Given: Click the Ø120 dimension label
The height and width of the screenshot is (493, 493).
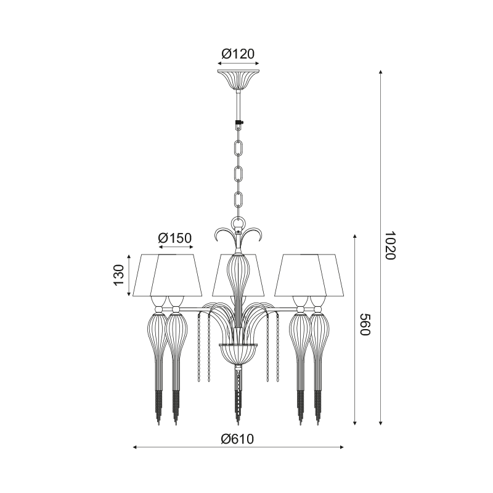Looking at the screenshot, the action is click(x=238, y=54).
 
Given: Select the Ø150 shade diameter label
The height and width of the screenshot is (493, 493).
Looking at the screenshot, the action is click(x=175, y=238).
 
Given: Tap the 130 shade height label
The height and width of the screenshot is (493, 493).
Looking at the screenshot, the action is click(x=120, y=275).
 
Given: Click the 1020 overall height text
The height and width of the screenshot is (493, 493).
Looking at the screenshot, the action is click(x=390, y=245).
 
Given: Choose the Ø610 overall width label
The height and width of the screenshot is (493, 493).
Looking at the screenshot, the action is click(x=237, y=439).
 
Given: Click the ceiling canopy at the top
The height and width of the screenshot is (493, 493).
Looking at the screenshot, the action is click(x=238, y=79).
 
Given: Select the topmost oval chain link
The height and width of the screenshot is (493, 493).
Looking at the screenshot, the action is click(x=238, y=148).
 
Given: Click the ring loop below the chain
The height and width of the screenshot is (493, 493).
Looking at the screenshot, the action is click(x=238, y=224).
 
